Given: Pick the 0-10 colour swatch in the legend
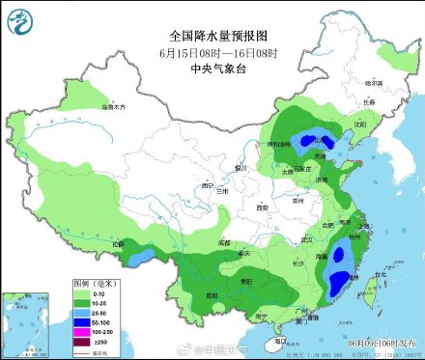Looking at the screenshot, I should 84,292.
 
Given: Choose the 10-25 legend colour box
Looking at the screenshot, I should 84,302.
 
